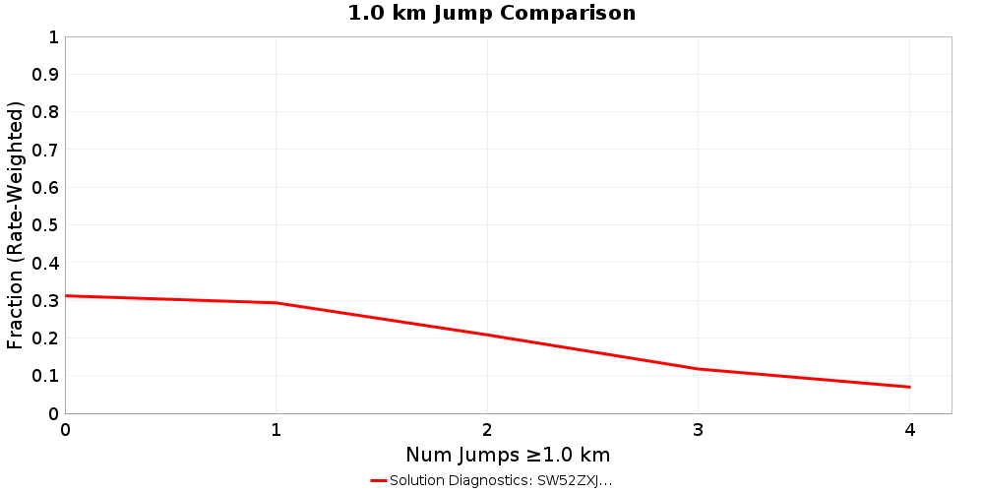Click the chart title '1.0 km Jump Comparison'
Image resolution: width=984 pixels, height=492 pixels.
click(492, 13)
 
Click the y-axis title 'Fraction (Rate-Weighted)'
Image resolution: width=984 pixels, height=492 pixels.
click(15, 225)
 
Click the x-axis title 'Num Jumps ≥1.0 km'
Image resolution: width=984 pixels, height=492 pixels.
click(508, 455)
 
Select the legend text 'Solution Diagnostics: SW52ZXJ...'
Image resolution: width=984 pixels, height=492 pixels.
click(501, 480)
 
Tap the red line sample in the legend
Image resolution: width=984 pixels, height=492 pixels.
click(379, 480)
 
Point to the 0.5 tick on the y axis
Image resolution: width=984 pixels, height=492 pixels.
click(45, 225)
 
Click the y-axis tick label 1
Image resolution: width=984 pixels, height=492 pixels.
click(53, 37)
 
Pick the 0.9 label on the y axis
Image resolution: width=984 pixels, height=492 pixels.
click(45, 75)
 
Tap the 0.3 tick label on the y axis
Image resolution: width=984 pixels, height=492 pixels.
click(45, 301)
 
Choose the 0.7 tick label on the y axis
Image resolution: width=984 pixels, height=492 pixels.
click(45, 151)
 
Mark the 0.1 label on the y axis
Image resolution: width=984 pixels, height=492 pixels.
click(45, 376)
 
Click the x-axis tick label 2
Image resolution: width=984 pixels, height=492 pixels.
click(487, 430)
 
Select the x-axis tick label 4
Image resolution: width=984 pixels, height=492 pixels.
click(910, 430)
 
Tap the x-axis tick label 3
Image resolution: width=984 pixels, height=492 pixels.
click(699, 430)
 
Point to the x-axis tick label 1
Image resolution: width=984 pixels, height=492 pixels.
click(277, 430)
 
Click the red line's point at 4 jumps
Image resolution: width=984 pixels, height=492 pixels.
click(910, 387)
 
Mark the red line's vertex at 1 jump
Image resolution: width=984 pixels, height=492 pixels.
click(277, 303)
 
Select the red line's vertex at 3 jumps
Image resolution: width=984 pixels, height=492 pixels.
click(699, 369)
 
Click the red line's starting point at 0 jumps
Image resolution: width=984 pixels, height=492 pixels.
click(66, 295)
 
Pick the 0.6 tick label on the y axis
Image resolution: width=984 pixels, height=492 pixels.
click(45, 188)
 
